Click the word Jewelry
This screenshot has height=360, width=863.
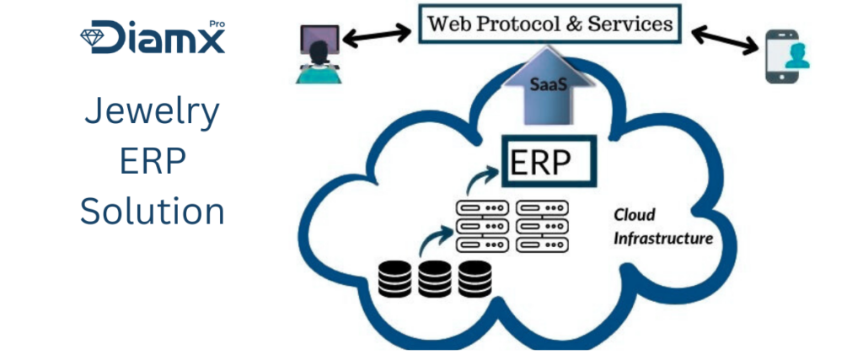pos(153,112)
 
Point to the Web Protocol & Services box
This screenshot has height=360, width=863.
pos(549,23)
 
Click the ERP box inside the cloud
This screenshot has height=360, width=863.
pos(548,162)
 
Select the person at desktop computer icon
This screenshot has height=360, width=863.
pos(319,56)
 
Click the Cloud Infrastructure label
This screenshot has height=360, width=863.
pos(662,227)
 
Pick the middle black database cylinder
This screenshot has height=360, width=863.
pos(435,278)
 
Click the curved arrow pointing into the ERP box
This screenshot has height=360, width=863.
pos(484,179)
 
